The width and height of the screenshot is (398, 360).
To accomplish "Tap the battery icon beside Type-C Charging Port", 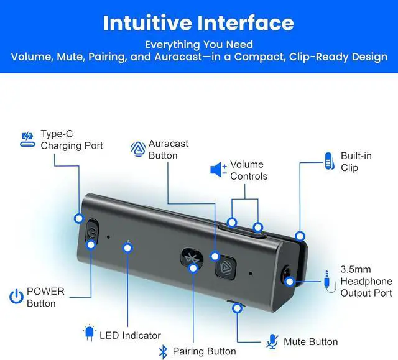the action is coord(27,140).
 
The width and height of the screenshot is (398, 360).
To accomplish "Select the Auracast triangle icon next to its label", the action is coord(137,149).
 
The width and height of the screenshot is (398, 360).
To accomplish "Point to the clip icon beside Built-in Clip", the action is coord(329,161).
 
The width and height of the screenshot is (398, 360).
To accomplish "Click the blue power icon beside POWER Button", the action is coord(16,297).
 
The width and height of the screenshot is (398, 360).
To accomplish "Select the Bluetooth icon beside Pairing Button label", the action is coord(164,351).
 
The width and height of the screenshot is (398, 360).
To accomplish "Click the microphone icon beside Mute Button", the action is coord(272,341).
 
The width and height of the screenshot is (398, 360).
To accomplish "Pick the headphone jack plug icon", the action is coord(328,280).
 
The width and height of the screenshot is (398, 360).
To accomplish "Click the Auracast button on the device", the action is coord(224,268).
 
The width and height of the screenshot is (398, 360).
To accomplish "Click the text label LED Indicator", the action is coord(130,336).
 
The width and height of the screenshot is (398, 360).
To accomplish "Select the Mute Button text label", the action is coord(310,341).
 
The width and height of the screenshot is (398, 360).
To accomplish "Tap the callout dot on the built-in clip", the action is coord(300,236).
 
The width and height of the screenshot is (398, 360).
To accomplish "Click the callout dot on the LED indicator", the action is coord(127,247).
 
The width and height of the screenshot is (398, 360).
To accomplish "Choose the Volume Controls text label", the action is coord(249,170).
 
